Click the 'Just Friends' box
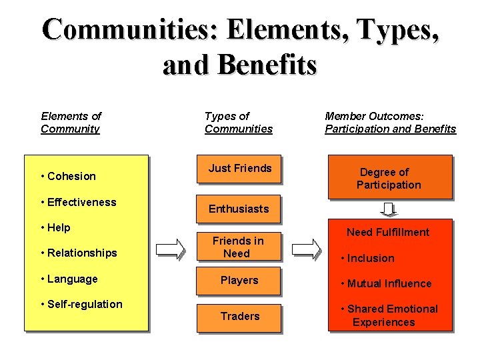tap(239, 169)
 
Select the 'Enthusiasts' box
tap(239, 209)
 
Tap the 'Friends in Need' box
tap(237, 247)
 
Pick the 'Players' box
tap(239, 280)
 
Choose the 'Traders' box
tap(239, 316)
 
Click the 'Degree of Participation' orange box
tap(389, 178)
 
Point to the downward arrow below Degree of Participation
tap(389, 209)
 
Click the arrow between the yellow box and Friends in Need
tap(171, 249)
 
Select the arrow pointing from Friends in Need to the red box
tap(307, 249)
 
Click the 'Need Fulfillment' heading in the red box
tap(388, 232)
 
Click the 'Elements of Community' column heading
tap(71, 123)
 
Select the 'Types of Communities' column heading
tap(239, 123)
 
